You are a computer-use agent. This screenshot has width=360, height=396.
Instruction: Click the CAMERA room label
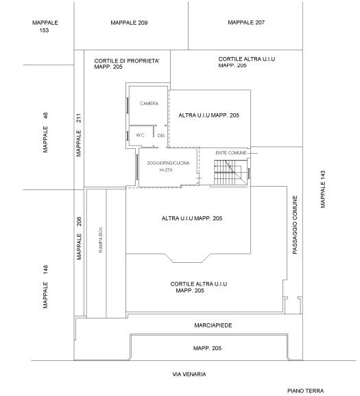(x=149, y=104)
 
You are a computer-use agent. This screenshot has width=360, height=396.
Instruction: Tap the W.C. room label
(x=141, y=135)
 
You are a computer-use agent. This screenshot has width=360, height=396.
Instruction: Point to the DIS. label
(x=161, y=136)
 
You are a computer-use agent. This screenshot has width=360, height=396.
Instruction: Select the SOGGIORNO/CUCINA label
(x=168, y=163)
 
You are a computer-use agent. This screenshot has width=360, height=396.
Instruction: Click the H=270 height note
(x=166, y=170)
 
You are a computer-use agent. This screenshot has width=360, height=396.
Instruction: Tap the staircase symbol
(x=230, y=172)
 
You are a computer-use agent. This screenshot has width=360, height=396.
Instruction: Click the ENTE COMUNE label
(x=231, y=153)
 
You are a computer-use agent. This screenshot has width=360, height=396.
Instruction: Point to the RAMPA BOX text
(x=100, y=240)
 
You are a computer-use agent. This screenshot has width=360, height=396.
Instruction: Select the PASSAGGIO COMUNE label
(x=295, y=225)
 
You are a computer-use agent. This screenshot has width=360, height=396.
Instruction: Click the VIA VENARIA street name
(x=189, y=374)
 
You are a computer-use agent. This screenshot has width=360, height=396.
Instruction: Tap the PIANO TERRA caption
(x=305, y=391)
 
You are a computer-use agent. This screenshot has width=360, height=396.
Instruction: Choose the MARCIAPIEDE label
(x=213, y=325)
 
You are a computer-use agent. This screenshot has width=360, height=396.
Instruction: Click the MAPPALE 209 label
(x=129, y=23)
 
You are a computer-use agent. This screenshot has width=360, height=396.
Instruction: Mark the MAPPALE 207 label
(x=246, y=23)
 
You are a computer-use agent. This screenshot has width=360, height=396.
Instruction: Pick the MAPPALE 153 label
(x=45, y=27)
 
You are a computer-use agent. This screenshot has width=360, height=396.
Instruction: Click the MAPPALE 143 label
(x=323, y=189)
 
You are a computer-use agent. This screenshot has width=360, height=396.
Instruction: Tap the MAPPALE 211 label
(x=79, y=135)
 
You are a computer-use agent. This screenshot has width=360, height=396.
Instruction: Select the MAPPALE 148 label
(x=45, y=286)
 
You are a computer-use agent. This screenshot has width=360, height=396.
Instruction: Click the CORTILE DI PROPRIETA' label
(x=127, y=61)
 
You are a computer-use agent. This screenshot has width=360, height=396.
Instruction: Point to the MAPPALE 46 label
(x=45, y=132)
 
